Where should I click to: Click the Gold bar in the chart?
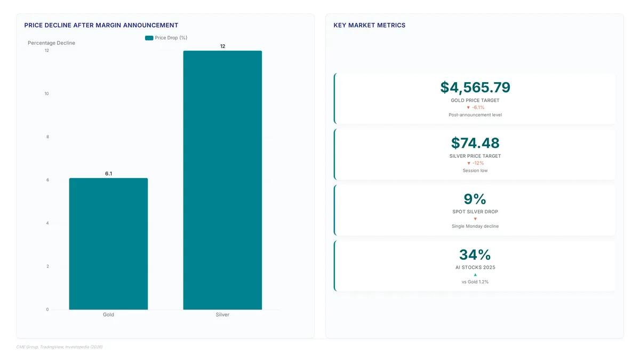point(108,244)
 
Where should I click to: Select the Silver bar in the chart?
point(222,180)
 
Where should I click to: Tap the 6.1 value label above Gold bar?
point(109,173)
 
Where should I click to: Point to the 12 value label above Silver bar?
point(222,46)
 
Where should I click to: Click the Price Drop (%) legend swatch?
point(149,38)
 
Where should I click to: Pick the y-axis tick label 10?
point(46,93)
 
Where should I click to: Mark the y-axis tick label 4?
point(47,223)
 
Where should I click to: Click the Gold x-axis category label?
point(108,314)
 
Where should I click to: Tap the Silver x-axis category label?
point(222,314)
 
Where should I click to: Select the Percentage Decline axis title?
point(51,43)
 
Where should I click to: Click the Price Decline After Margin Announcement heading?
point(101,25)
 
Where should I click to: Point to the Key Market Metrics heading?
point(370,25)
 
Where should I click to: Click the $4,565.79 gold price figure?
point(475,87)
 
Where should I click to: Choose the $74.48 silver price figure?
point(475,143)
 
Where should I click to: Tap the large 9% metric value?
point(475,199)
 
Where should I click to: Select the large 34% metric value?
point(475,254)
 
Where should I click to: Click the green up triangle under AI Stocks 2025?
point(475,275)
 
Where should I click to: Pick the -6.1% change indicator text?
point(478,107)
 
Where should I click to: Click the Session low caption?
point(475,170)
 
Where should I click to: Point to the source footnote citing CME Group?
point(59,347)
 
